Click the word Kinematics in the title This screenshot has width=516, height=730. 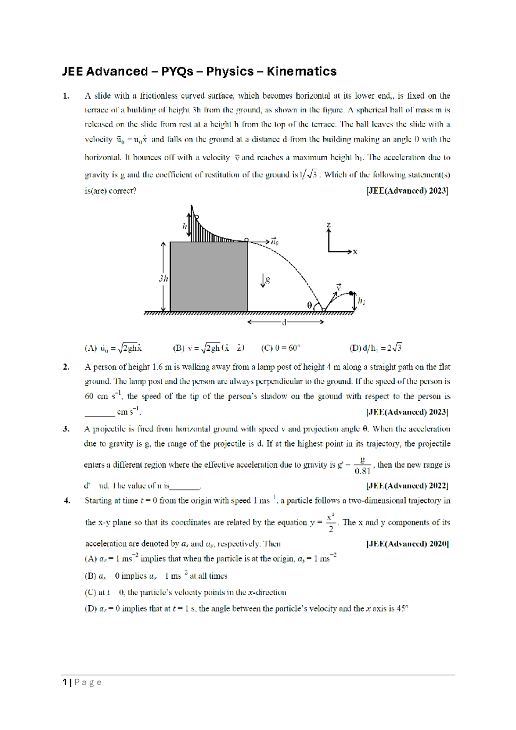(301, 71)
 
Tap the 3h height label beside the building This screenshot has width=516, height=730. (163, 278)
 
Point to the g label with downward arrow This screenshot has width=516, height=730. (265, 281)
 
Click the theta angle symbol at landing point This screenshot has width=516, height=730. (310, 305)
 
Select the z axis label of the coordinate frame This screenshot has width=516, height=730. (329, 225)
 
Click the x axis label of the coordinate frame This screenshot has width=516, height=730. (355, 252)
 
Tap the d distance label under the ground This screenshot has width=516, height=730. (284, 322)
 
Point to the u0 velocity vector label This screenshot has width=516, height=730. (274, 241)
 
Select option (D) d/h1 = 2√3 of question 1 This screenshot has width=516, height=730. (375, 348)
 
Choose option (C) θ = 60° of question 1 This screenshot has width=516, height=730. (280, 348)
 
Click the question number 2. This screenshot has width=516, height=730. (66, 367)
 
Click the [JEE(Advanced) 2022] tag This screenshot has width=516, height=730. (407, 486)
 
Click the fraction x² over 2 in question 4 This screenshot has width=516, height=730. (330, 523)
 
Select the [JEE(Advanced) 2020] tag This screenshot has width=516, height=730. (407, 544)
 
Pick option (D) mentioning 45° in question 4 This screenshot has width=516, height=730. (246, 609)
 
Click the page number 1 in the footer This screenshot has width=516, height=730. (64, 682)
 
